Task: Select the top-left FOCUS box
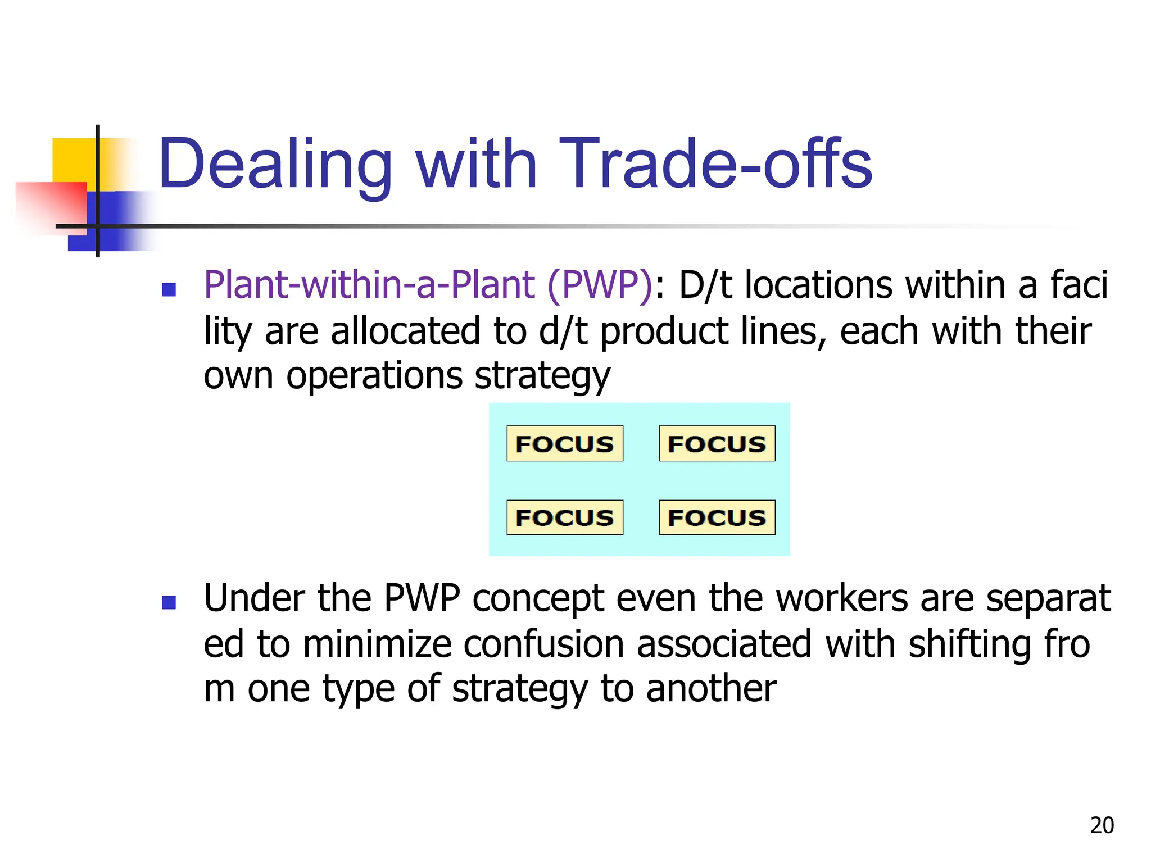pyautogui.click(x=565, y=444)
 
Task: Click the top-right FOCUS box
pyautogui.click(x=717, y=444)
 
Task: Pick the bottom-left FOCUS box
pyautogui.click(x=565, y=517)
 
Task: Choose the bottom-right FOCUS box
pyautogui.click(x=717, y=517)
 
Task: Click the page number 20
pyautogui.click(x=1102, y=825)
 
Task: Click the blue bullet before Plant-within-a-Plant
pyautogui.click(x=169, y=289)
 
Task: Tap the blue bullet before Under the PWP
pyautogui.click(x=169, y=602)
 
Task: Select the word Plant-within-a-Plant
pyautogui.click(x=369, y=285)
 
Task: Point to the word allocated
pyautogui.click(x=405, y=331)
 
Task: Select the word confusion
pyautogui.click(x=543, y=644)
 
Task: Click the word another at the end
pyautogui.click(x=711, y=689)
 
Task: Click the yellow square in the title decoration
pyautogui.click(x=73, y=160)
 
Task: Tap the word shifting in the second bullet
pyautogui.click(x=969, y=644)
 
